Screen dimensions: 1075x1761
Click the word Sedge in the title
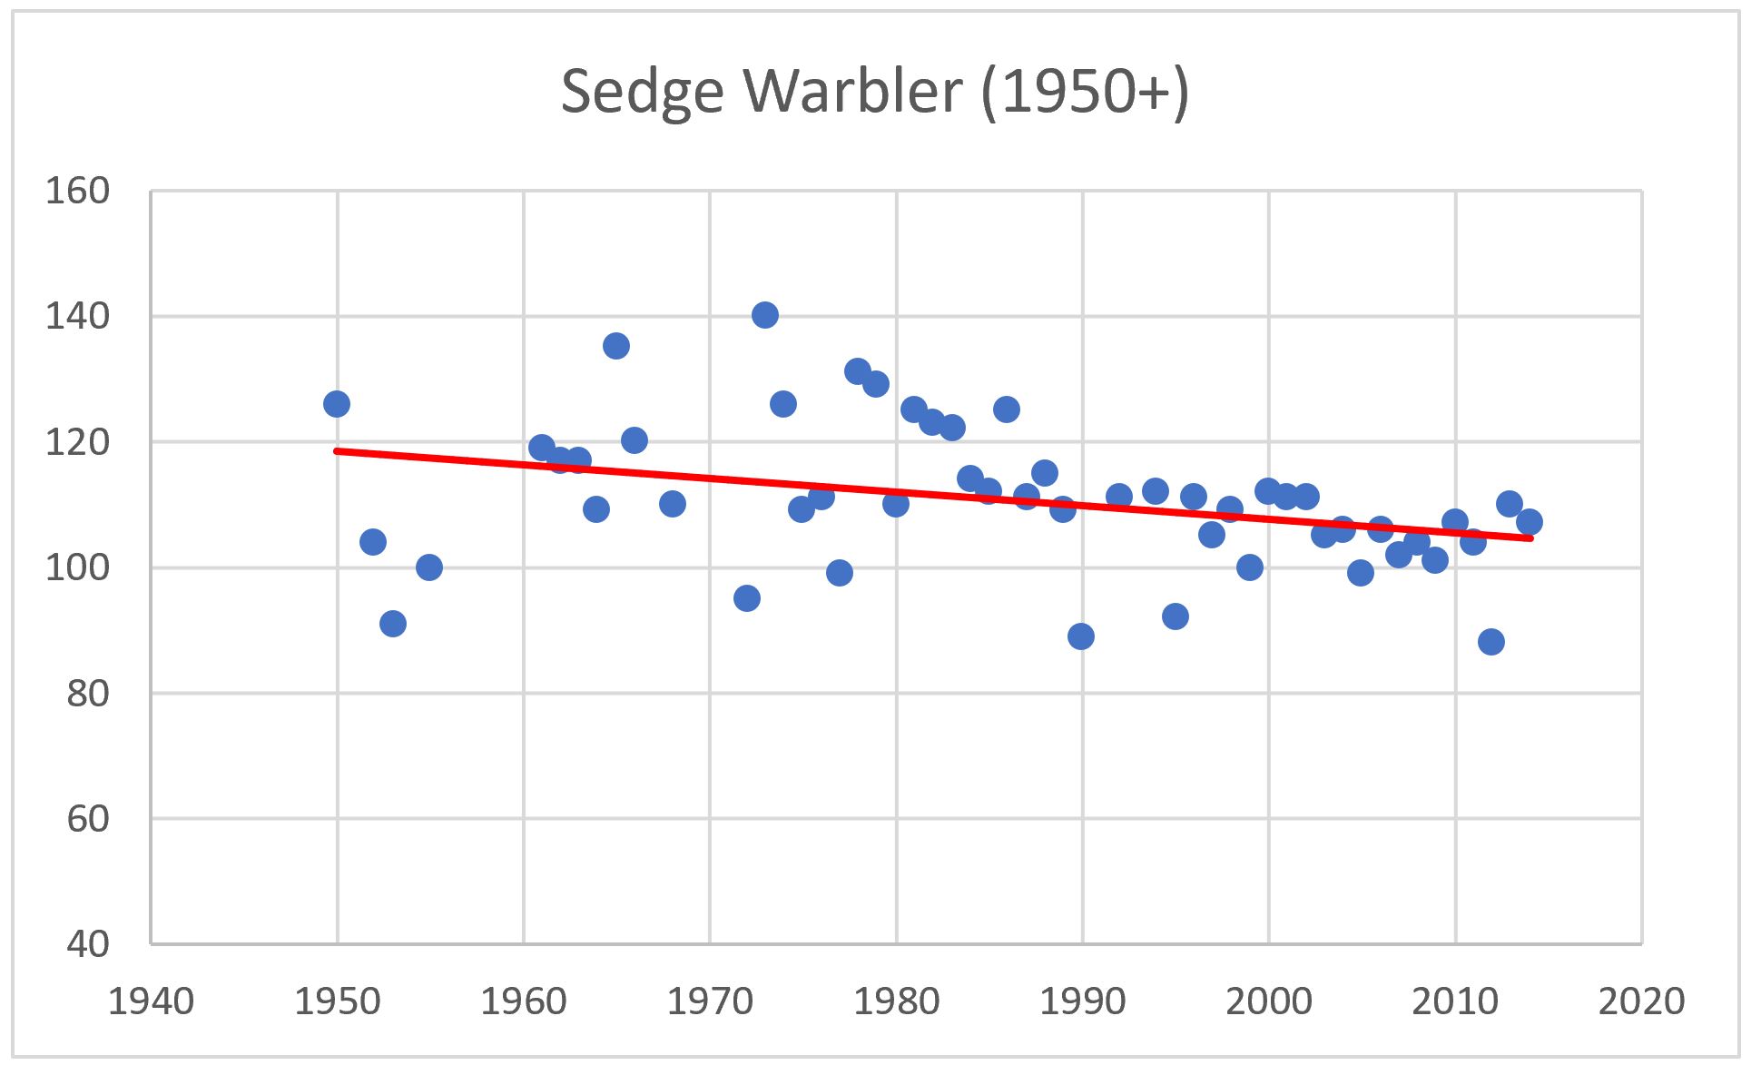(x=641, y=93)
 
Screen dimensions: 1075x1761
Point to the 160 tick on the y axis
(x=77, y=192)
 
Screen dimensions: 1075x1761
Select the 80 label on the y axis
(x=87, y=694)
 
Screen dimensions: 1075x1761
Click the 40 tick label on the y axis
(x=87, y=944)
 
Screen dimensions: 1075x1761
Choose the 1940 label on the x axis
(x=151, y=1001)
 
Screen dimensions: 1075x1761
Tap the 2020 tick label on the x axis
(x=1641, y=1001)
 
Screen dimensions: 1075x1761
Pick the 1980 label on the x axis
(x=896, y=1001)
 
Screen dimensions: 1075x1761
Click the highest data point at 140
(x=765, y=315)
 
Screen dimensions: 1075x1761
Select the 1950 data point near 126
(x=337, y=404)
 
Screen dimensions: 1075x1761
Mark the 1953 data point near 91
(x=393, y=624)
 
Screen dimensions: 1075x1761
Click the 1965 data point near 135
(x=616, y=346)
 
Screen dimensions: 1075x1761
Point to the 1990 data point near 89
(x=1081, y=636)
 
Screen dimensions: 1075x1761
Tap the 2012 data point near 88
(x=1491, y=642)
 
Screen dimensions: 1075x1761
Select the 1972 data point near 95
(x=747, y=598)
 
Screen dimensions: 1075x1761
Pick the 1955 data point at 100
(x=429, y=567)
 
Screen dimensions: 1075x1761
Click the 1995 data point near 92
(x=1176, y=616)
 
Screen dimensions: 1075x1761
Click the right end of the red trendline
(x=1530, y=538)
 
